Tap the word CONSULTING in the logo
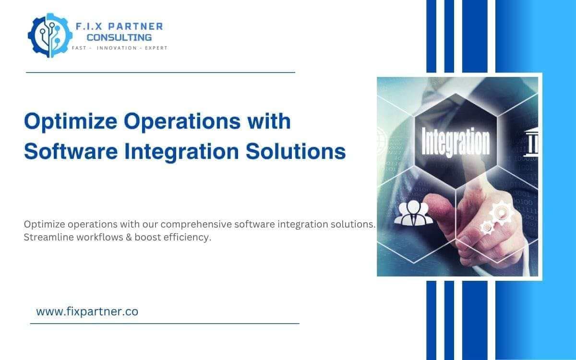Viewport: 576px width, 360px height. (x=119, y=37)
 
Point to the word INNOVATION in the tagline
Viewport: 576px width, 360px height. (x=117, y=48)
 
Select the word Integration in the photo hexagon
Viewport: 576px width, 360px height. (x=455, y=142)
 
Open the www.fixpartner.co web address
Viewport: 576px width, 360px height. (x=87, y=312)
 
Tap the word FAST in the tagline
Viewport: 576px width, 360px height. (x=79, y=48)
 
